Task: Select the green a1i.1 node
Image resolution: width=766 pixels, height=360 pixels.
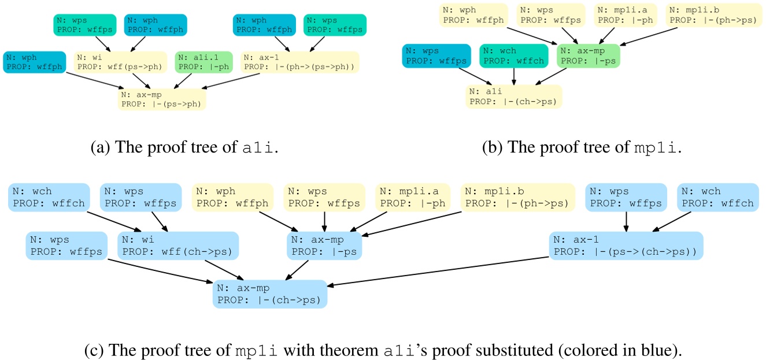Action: pyautogui.click(x=203, y=62)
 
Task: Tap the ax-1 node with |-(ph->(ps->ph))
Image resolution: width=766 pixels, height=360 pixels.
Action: pyautogui.click(x=300, y=62)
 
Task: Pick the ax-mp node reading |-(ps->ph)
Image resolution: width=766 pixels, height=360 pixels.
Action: pyautogui.click(x=162, y=99)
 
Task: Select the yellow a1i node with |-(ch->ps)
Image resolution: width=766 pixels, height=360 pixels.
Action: pyautogui.click(x=513, y=96)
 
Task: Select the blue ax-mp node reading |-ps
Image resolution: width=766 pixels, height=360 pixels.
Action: pyautogui.click(x=324, y=245)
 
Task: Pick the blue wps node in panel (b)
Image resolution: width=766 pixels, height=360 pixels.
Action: pyautogui.click(x=434, y=55)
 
